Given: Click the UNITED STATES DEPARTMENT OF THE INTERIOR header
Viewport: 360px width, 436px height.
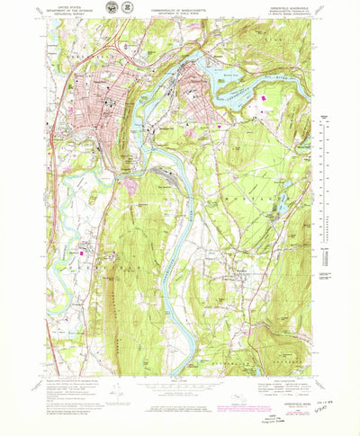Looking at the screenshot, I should (x=73, y=12).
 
